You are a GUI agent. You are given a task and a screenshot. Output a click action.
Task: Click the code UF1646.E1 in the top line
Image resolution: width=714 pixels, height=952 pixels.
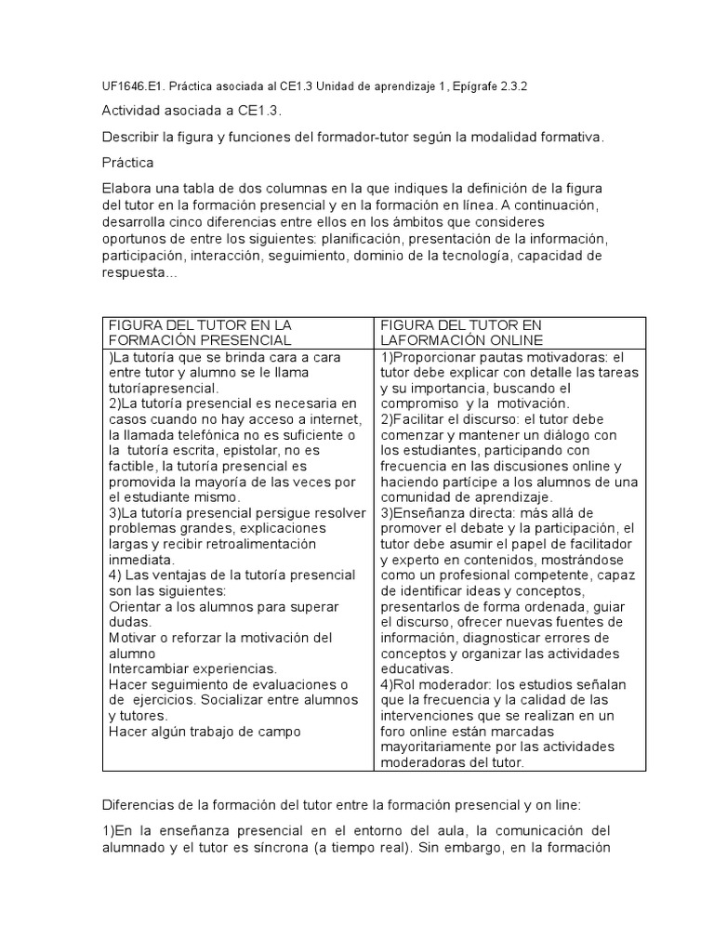click(x=128, y=87)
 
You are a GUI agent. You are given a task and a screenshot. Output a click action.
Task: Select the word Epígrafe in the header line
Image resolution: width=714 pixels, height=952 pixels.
click(x=463, y=87)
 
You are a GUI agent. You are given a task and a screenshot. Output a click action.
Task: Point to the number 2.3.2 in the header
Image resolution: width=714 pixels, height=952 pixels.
click(x=509, y=87)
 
